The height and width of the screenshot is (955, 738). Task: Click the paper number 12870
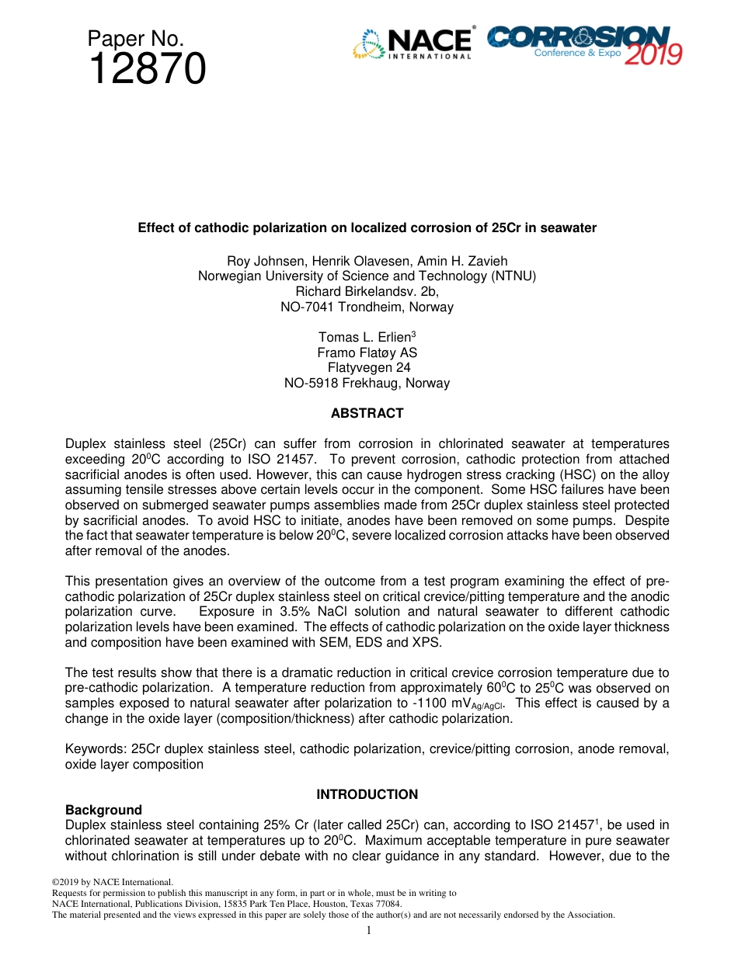coord(147,70)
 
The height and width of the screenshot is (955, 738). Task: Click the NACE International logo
coord(413,44)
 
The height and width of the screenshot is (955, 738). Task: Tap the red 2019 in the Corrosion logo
coord(653,54)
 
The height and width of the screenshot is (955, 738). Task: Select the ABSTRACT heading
coord(367,414)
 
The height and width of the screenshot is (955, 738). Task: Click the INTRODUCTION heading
coord(367,794)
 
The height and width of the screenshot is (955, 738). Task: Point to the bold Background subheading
coord(103,810)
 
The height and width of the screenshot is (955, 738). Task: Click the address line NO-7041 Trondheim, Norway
coord(367,307)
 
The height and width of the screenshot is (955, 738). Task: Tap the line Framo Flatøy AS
coord(367,352)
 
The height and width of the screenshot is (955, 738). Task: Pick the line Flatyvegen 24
coord(369,368)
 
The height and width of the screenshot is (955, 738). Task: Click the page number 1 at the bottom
coord(369,930)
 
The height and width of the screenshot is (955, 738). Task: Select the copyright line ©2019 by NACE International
coord(112,882)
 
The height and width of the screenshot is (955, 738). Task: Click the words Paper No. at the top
coord(135,38)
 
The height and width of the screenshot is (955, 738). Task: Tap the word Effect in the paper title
coord(155,228)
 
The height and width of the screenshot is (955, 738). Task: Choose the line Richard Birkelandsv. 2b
coord(367,291)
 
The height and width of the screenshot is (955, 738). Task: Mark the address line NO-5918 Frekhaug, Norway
coord(367,383)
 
